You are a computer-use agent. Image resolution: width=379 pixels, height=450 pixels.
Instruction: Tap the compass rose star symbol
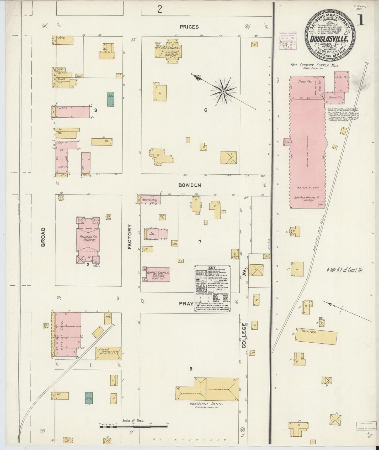[x=223, y=92]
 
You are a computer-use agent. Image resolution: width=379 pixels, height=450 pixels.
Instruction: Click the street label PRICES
[x=189, y=27]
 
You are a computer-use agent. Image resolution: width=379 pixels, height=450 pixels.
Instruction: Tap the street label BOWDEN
[x=190, y=185]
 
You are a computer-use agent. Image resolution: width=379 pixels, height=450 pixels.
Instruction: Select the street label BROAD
[x=43, y=237]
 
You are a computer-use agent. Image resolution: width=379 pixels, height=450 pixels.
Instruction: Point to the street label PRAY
[x=186, y=304]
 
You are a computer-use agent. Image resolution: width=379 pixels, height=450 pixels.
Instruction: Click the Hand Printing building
[x=150, y=200]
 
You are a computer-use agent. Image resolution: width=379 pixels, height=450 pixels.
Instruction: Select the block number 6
[x=206, y=110]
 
